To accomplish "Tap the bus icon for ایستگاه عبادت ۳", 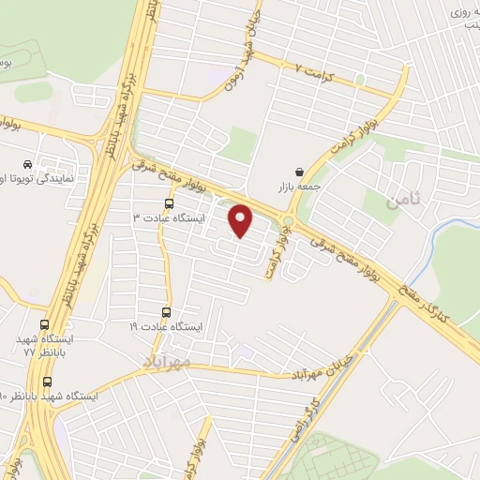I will point(169,202).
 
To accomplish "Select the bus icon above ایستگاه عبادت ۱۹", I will point(167,312).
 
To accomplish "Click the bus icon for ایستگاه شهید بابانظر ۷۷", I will point(48,322).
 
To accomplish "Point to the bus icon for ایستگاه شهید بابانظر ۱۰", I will point(48,382).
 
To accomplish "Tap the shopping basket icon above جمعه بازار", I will point(298,172).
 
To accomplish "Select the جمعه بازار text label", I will point(298,187).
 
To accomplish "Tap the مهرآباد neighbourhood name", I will point(167,360).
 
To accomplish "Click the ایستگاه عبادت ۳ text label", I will point(167,218).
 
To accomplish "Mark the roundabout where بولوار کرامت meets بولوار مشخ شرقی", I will point(288,222).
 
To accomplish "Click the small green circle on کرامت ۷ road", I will point(359,81).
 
